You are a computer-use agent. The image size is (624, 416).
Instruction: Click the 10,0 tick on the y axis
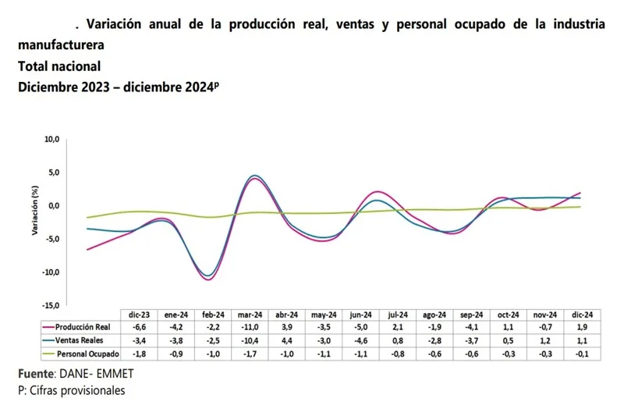coord(51,139)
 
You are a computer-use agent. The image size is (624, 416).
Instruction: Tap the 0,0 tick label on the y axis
coord(53,206)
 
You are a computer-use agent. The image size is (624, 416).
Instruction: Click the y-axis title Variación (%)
coord(35,211)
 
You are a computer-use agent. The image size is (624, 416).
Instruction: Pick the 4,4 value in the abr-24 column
coord(287,340)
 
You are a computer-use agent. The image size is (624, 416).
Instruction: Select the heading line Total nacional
coord(59,66)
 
